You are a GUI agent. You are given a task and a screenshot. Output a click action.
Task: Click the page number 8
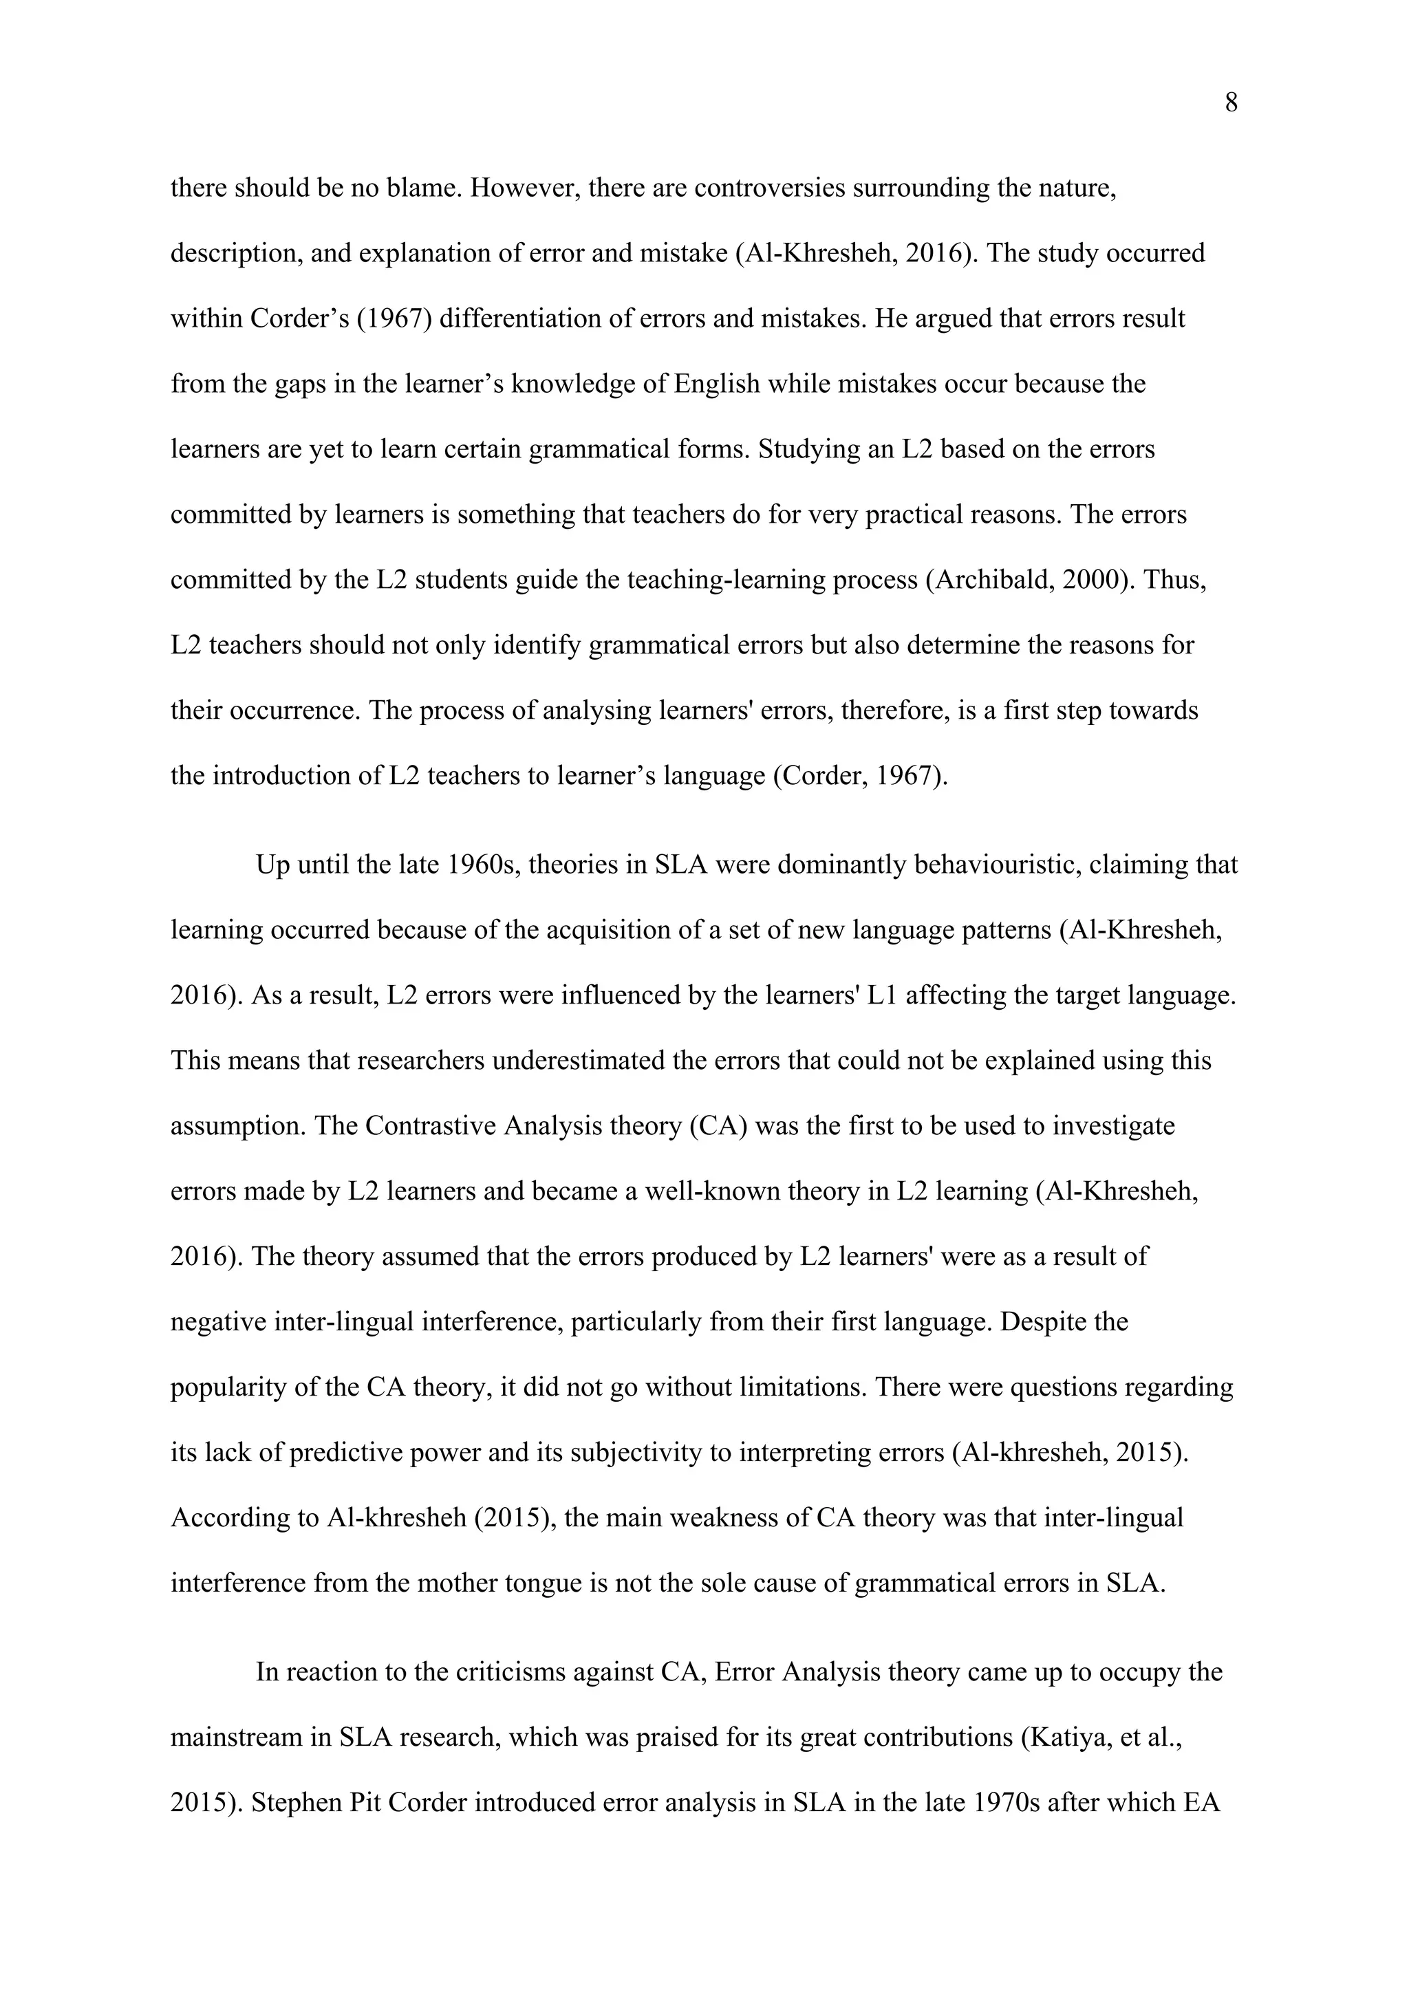(1230, 104)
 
